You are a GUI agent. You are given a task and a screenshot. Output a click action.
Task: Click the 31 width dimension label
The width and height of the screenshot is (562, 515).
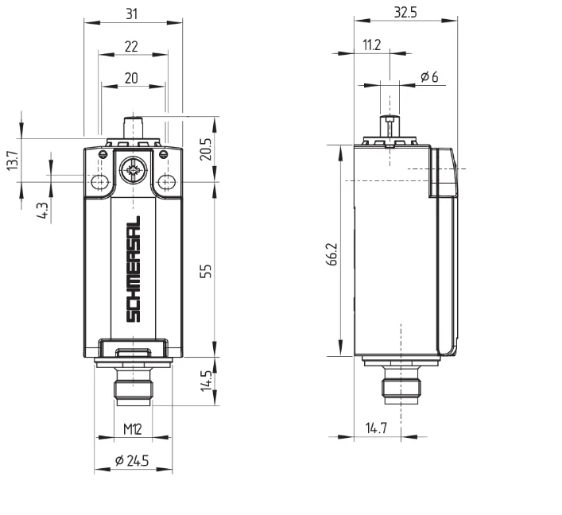[x=131, y=14]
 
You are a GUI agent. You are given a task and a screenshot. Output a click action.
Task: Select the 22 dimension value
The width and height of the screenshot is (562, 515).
[x=131, y=47]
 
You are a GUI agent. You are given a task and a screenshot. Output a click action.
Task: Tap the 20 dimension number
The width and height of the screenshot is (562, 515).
[x=131, y=78]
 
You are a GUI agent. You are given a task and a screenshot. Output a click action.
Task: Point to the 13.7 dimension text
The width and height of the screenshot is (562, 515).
[x=12, y=161]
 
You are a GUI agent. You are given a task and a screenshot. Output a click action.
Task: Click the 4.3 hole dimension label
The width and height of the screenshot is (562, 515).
[x=42, y=211]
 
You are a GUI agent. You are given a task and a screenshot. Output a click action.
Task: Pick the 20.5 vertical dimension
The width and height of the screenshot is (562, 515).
[x=206, y=149]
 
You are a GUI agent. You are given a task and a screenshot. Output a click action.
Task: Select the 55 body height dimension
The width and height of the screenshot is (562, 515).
[x=206, y=271]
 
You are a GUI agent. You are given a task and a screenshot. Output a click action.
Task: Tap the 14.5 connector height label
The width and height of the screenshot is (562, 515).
[x=206, y=381]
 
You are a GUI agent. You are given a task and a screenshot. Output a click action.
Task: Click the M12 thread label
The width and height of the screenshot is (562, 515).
[x=133, y=428]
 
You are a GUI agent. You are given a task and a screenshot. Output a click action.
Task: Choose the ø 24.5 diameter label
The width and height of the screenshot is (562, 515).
[x=132, y=460]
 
